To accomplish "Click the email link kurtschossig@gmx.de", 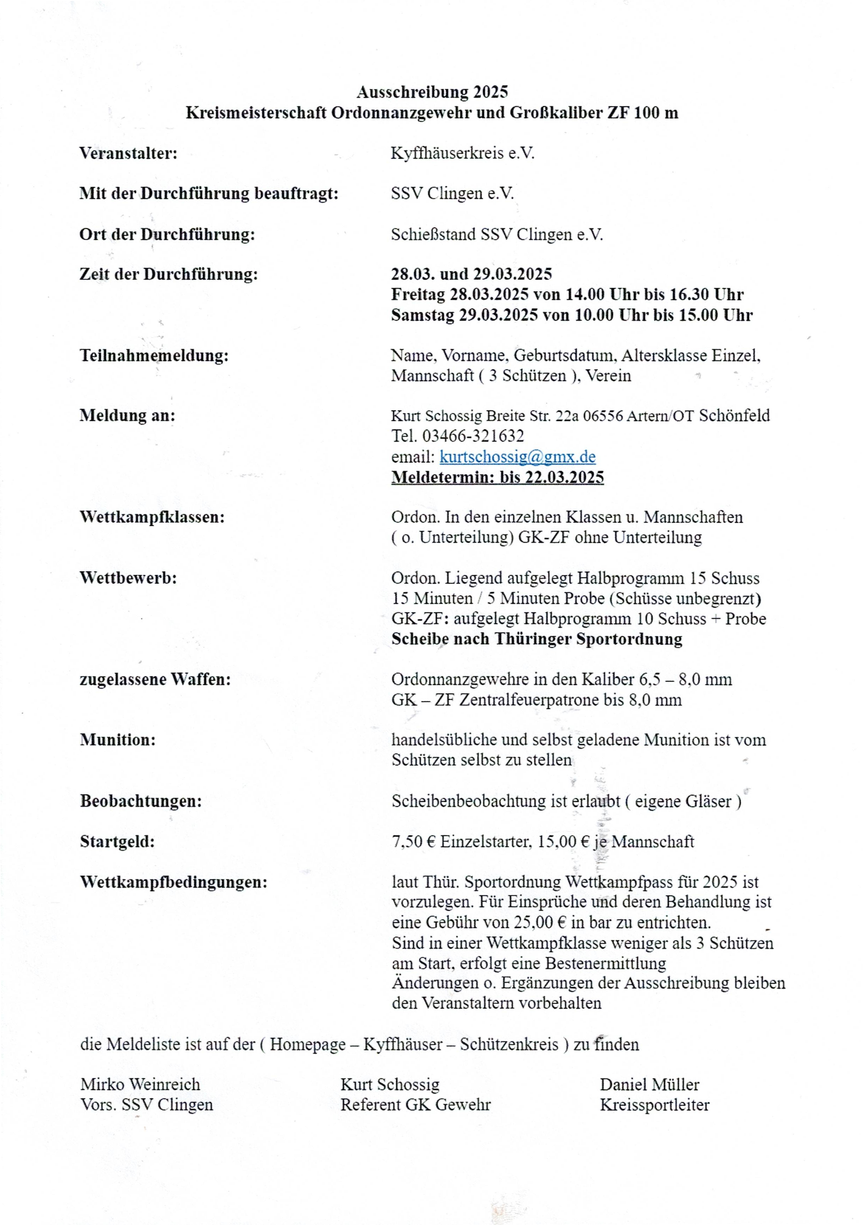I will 517,457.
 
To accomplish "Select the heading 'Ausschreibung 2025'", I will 432,92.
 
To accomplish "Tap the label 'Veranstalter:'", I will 128,153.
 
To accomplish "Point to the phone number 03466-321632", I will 473,436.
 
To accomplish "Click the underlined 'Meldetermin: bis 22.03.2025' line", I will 497,477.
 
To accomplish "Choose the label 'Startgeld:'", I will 117,841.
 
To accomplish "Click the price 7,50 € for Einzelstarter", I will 414,841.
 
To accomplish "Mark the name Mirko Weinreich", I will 140,1084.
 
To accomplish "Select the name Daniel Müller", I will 649,1084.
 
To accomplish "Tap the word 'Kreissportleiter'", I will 655,1104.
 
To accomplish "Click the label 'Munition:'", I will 118,740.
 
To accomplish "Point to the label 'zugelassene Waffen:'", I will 155,679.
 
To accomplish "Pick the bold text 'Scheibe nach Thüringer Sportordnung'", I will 536,639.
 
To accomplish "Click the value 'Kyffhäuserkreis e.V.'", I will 463,153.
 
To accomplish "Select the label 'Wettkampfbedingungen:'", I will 174,882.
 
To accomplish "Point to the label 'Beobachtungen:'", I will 141,801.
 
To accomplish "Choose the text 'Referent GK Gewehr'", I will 416,1104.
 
